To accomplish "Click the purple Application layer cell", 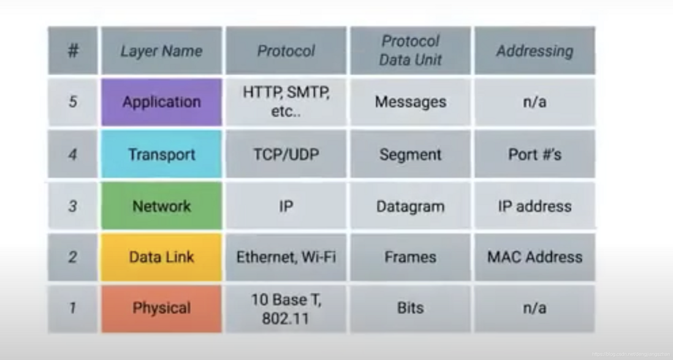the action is (x=161, y=102).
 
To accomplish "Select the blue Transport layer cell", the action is (x=161, y=154).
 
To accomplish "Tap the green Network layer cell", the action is (x=161, y=206).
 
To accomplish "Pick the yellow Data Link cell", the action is (x=161, y=257).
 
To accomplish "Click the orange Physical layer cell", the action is (x=161, y=308).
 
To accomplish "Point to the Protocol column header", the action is (x=286, y=51).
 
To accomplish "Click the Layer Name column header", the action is (x=161, y=51).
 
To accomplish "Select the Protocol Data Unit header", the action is (x=410, y=51).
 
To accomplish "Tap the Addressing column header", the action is (x=534, y=51).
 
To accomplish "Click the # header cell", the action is (x=72, y=51).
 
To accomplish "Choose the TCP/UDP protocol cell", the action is (x=286, y=154).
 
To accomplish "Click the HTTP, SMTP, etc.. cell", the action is (x=286, y=102).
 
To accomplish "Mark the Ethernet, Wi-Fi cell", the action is (x=286, y=257).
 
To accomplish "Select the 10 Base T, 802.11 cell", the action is (x=286, y=308).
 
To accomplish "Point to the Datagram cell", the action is (x=410, y=206).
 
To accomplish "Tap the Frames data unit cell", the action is (x=410, y=257).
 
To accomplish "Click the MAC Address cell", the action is (x=534, y=257).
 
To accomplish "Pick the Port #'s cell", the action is (x=534, y=154).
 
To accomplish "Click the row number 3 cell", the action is (x=72, y=206).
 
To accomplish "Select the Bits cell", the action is (x=410, y=308).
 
